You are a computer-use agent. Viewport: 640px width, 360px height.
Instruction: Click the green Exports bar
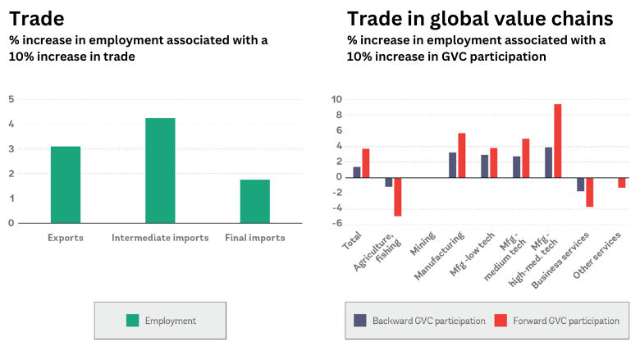(66, 185)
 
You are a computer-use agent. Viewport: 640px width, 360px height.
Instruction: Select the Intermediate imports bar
(160, 171)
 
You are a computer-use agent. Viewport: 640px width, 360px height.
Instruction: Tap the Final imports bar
(255, 201)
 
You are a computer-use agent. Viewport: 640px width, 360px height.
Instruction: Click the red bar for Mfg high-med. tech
(558, 140)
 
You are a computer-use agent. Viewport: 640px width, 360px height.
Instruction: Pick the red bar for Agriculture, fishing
(398, 196)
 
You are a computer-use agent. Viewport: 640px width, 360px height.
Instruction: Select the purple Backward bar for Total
(357, 171)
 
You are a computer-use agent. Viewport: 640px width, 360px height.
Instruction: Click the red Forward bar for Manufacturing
(462, 155)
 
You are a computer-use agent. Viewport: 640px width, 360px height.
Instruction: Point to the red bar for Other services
(622, 182)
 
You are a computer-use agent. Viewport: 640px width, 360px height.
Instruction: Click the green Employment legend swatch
(132, 321)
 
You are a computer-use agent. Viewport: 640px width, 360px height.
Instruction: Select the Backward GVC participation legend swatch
(359, 321)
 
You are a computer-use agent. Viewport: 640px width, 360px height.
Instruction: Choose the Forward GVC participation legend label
(565, 321)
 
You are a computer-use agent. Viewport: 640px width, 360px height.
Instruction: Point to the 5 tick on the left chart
(11, 99)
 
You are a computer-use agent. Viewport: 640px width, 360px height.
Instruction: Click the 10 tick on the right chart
(336, 99)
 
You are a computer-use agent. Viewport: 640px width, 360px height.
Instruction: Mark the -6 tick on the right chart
(336, 224)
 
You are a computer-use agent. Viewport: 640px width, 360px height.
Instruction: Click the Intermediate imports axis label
(160, 238)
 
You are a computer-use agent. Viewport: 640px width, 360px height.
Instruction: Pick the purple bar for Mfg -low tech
(485, 166)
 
